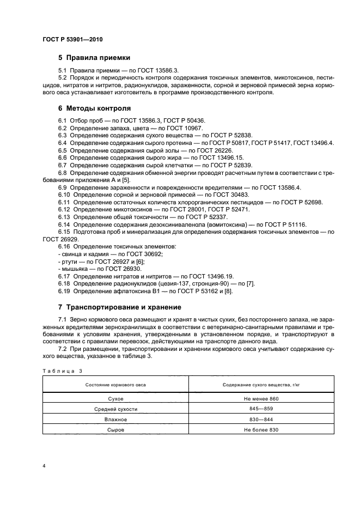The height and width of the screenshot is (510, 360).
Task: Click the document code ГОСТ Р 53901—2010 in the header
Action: point(72,40)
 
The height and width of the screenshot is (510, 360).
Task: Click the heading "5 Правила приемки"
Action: point(94,58)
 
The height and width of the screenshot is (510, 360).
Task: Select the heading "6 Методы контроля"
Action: point(94,108)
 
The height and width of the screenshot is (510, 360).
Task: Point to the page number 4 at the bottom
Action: point(44,466)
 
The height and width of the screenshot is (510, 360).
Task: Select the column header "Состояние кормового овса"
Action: point(115,385)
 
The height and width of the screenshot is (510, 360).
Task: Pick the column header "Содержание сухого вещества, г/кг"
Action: point(251,385)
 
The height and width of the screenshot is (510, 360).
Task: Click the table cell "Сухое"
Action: point(115,399)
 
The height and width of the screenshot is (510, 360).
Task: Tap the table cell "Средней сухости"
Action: point(115,409)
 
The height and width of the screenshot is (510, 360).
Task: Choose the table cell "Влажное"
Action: point(115,420)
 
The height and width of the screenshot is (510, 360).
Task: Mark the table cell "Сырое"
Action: point(115,430)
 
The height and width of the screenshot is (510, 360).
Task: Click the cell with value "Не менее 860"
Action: point(251,399)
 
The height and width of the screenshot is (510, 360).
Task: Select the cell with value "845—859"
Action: point(251,409)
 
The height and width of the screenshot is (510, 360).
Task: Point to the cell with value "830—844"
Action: point(251,420)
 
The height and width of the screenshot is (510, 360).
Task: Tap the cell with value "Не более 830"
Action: point(251,430)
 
